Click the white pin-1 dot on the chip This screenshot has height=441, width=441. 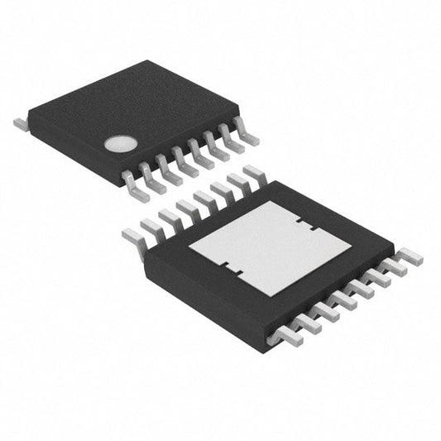tap(119, 145)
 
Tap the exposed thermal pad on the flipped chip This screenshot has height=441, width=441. tap(270, 248)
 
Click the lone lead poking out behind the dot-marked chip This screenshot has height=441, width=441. tap(21, 124)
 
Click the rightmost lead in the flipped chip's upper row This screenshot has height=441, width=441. tap(252, 174)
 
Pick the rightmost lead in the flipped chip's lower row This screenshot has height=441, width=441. tap(410, 259)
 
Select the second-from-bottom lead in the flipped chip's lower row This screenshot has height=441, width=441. tap(304, 324)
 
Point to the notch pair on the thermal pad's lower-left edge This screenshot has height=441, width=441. tap(231, 268)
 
